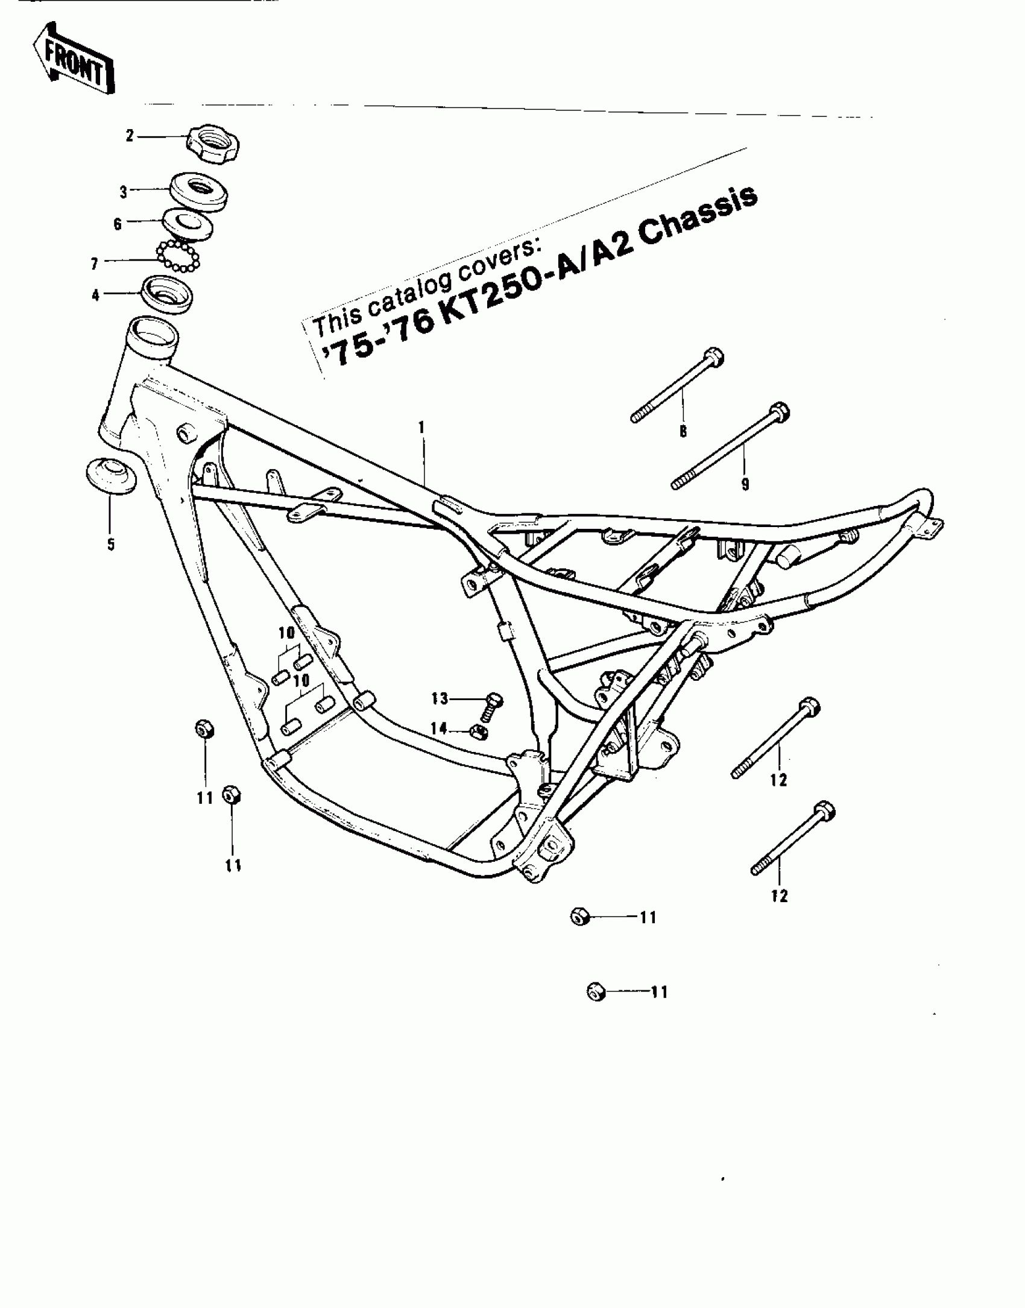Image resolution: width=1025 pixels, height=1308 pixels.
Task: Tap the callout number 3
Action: point(124,192)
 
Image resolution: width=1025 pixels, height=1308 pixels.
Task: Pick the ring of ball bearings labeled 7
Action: point(178,256)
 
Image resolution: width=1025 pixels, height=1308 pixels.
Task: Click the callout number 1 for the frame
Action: point(422,428)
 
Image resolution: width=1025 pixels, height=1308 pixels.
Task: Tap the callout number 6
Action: point(118,224)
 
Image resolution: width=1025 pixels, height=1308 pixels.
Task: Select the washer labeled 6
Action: point(188,224)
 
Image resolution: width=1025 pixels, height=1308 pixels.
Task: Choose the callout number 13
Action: point(440,699)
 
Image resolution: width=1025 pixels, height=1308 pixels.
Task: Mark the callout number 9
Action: point(745,484)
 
